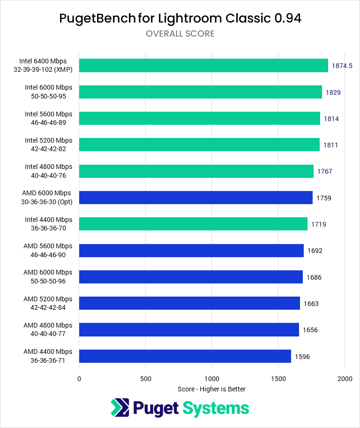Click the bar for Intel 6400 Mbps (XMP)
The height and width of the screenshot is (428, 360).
203,66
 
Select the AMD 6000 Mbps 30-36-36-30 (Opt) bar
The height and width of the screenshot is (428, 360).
196,198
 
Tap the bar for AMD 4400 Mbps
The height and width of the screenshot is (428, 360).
185,356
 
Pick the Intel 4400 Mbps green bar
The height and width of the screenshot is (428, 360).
193,224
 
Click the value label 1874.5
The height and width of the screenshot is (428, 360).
342,66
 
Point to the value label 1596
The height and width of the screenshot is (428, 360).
302,357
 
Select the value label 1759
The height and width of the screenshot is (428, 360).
324,198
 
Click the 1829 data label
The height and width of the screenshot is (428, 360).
333,92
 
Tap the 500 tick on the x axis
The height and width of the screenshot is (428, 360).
145,378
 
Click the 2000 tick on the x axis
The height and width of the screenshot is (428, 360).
345,378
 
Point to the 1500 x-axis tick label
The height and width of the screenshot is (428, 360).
278,378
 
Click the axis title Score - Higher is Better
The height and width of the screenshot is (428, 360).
212,389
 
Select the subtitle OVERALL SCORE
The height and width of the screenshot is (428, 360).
180,34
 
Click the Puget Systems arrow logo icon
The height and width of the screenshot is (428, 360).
120,407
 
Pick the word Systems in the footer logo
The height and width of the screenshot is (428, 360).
216,408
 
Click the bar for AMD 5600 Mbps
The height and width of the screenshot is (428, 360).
191,251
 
